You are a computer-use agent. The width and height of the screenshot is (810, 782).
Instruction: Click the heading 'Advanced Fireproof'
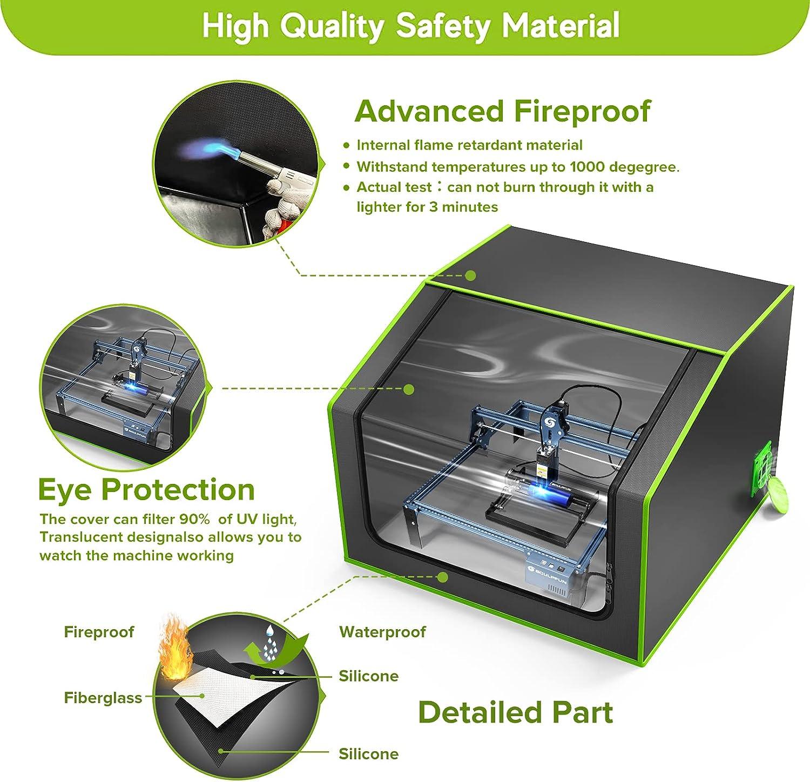pyautogui.click(x=502, y=111)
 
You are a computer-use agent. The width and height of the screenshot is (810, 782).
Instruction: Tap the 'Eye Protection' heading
pyautogui.click(x=146, y=490)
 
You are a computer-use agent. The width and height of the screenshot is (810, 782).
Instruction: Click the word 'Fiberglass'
pyautogui.click(x=103, y=698)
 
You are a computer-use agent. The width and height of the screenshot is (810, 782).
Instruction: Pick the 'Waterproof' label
pyautogui.click(x=382, y=632)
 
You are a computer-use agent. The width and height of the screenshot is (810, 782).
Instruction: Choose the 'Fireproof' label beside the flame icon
pyautogui.click(x=99, y=632)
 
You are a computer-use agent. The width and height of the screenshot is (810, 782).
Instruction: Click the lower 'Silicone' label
pyautogui.click(x=368, y=754)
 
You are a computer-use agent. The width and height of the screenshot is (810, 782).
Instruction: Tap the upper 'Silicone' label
pyautogui.click(x=368, y=676)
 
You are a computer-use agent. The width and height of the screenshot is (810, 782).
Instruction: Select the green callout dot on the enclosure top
pyautogui.click(x=470, y=275)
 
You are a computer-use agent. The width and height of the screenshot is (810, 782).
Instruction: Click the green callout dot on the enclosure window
pyautogui.click(x=409, y=389)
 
